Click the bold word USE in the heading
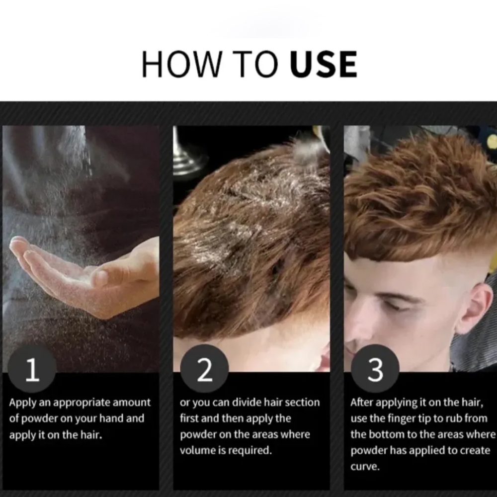[324, 64]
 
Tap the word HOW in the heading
[181, 64]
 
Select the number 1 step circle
[32, 369]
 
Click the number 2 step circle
[204, 369]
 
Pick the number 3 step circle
[375, 369]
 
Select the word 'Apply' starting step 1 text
[22, 403]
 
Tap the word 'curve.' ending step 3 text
[365, 467]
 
